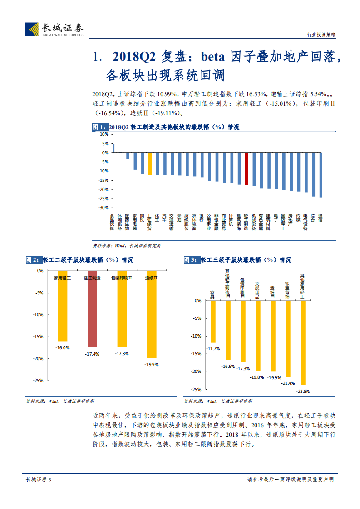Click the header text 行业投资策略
[321, 34]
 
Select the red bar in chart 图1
[247, 169]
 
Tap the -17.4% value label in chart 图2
[92, 354]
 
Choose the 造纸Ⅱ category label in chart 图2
[151, 278]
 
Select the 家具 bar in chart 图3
[213, 321]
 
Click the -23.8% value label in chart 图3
[303, 391]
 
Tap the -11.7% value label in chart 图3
[213, 348]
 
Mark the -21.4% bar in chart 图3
[288, 338]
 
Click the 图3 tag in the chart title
[191, 260]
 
